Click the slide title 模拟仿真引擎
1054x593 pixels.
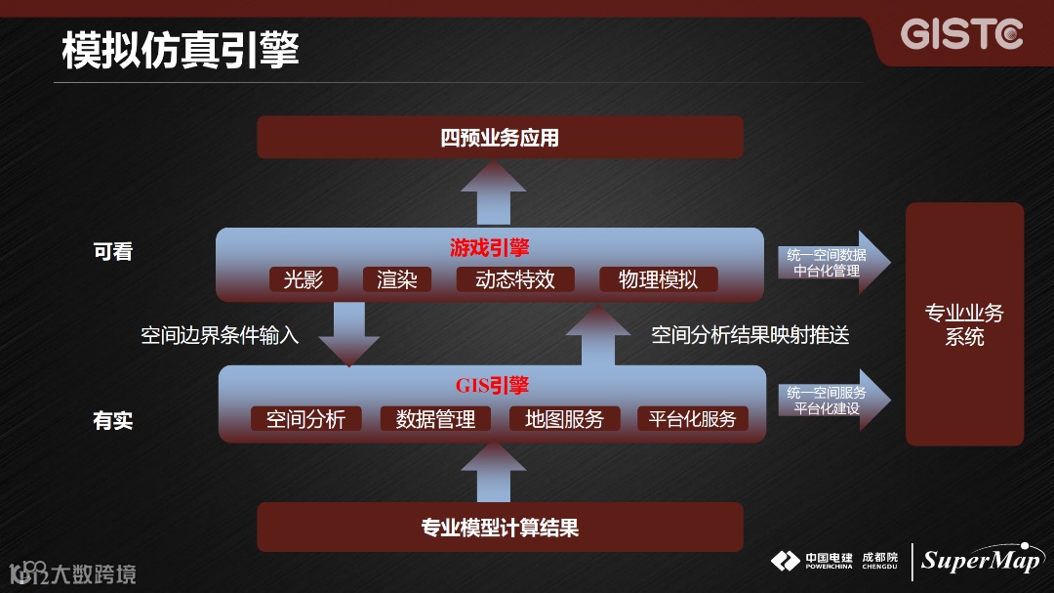[x=181, y=50]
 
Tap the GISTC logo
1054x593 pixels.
[x=961, y=34]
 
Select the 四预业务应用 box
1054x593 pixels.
[x=500, y=138]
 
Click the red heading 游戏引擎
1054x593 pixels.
[x=490, y=247]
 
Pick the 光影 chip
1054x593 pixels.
[x=304, y=279]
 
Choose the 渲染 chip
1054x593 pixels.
[x=397, y=279]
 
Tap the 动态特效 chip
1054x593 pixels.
[x=515, y=279]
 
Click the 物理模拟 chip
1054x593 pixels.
[x=659, y=279]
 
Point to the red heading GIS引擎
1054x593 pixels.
[x=492, y=385]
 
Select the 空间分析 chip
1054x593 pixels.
[x=305, y=419]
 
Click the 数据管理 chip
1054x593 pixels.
[x=435, y=419]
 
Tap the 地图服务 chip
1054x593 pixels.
[x=564, y=419]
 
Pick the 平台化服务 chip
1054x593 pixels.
[x=693, y=419]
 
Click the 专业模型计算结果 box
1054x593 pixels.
[x=500, y=528]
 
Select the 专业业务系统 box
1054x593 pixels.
[x=964, y=324]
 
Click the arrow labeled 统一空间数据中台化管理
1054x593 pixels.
[x=831, y=263]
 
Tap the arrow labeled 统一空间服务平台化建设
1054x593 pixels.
[x=831, y=400]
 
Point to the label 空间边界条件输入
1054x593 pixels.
[x=220, y=336]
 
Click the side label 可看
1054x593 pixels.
[x=112, y=252]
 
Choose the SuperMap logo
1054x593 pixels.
[x=980, y=560]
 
